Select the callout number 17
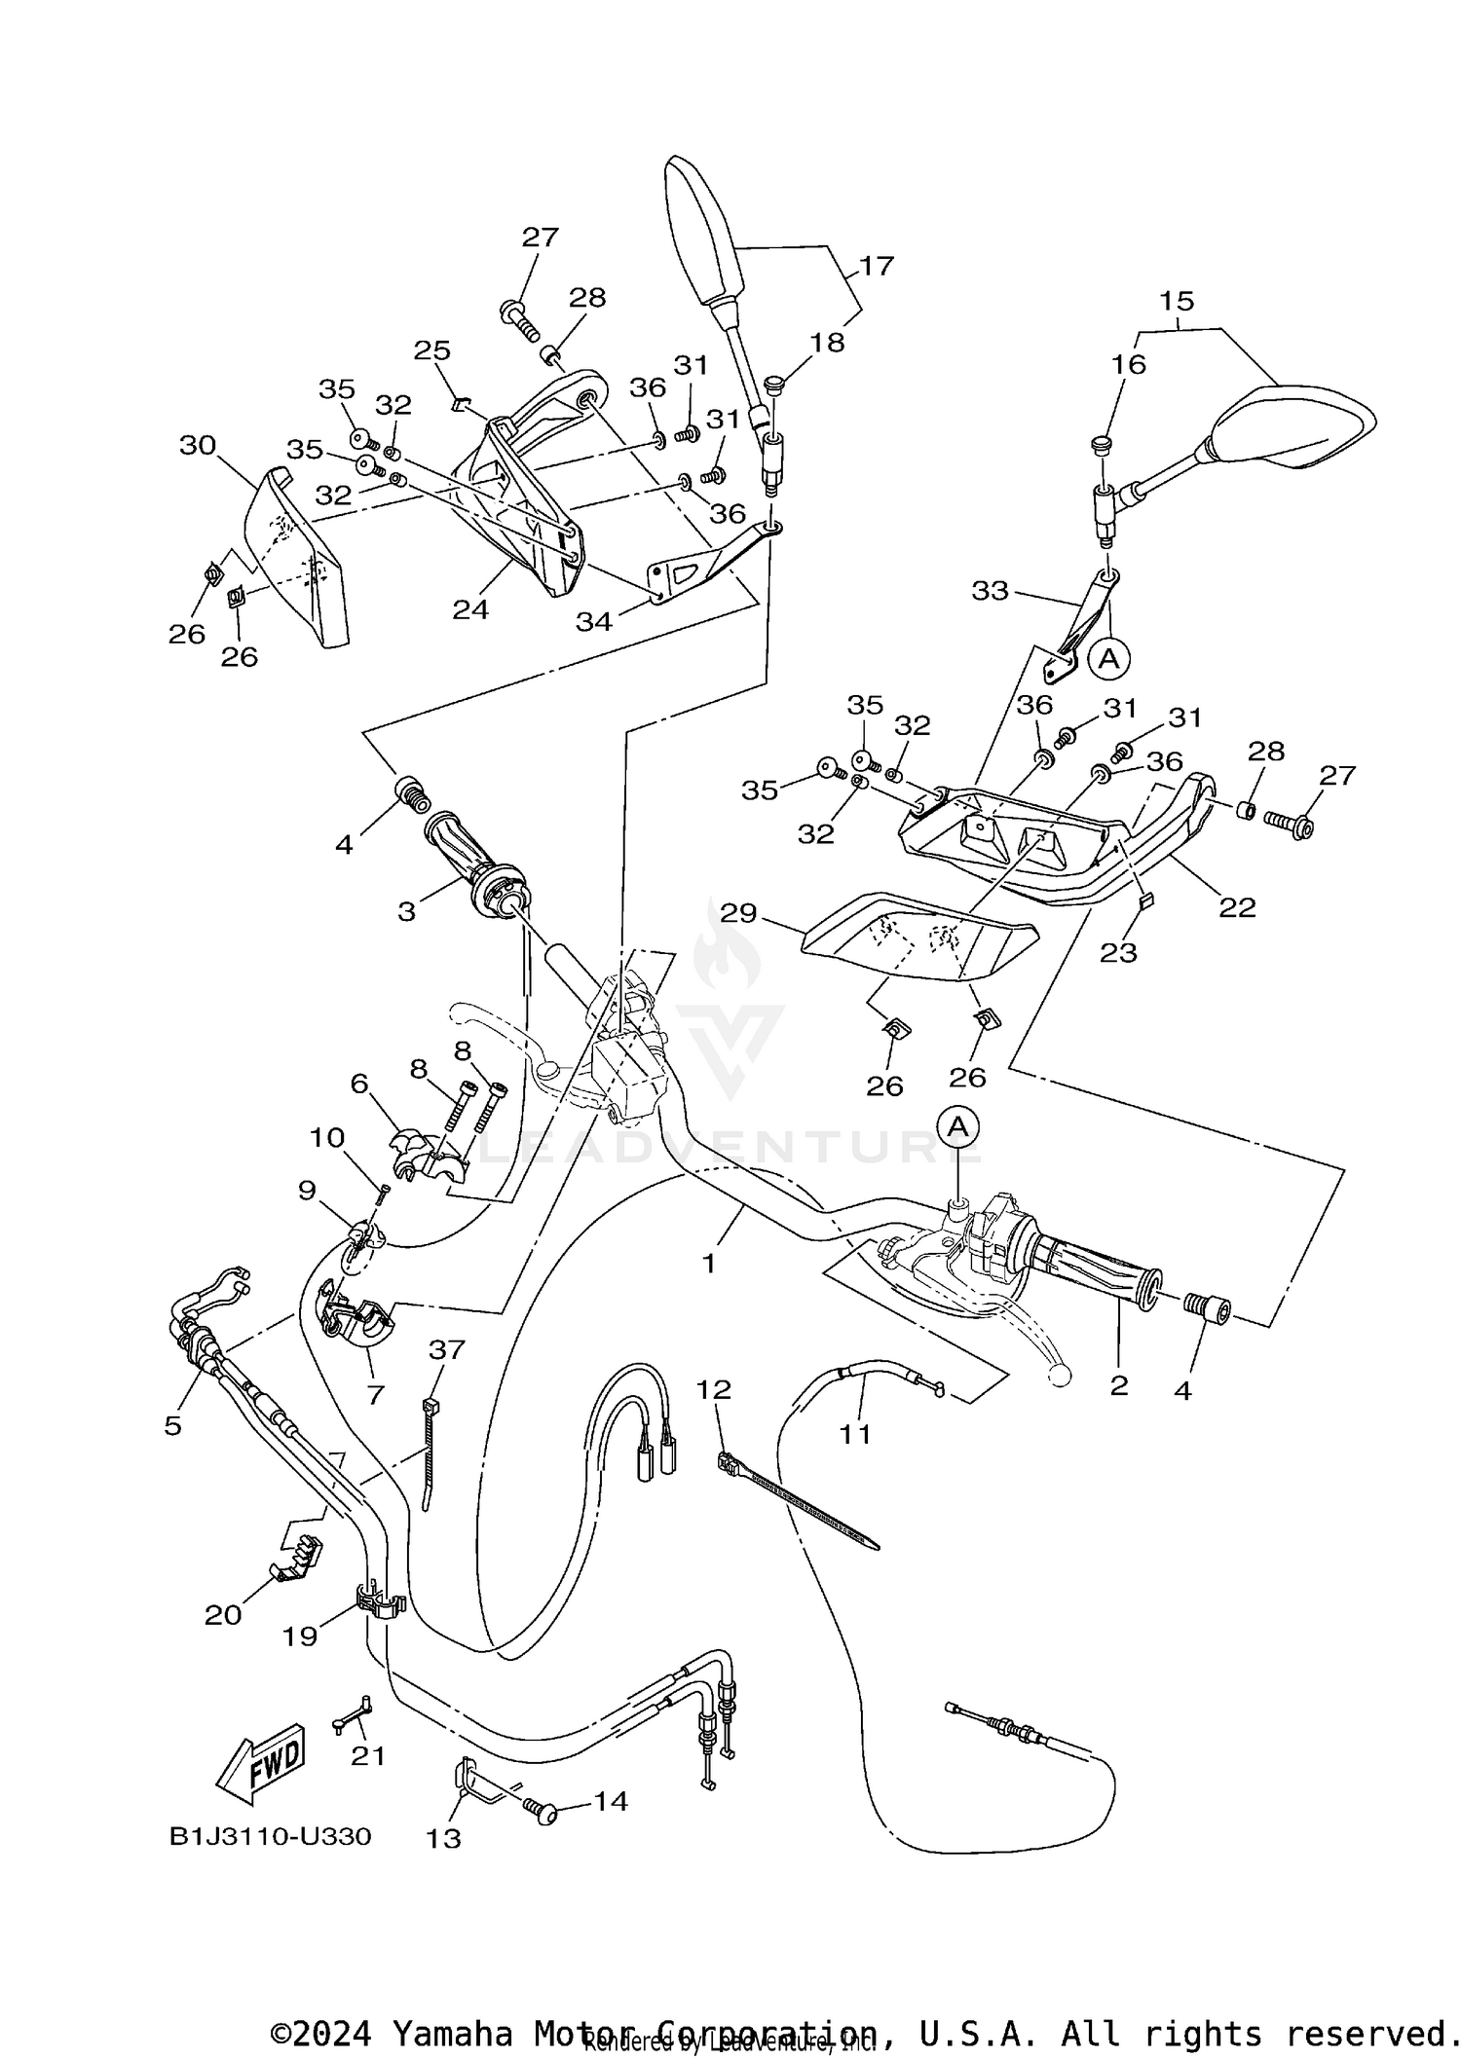(876, 266)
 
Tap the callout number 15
(1177, 301)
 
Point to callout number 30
(198, 446)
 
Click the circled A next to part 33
(1108, 659)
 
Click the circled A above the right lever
(959, 1126)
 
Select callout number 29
(739, 913)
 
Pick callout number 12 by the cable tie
(714, 1389)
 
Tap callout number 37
(447, 1350)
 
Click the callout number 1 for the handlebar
(709, 1264)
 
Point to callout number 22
(1237, 907)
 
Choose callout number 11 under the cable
(855, 1433)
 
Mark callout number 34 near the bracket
(593, 620)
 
